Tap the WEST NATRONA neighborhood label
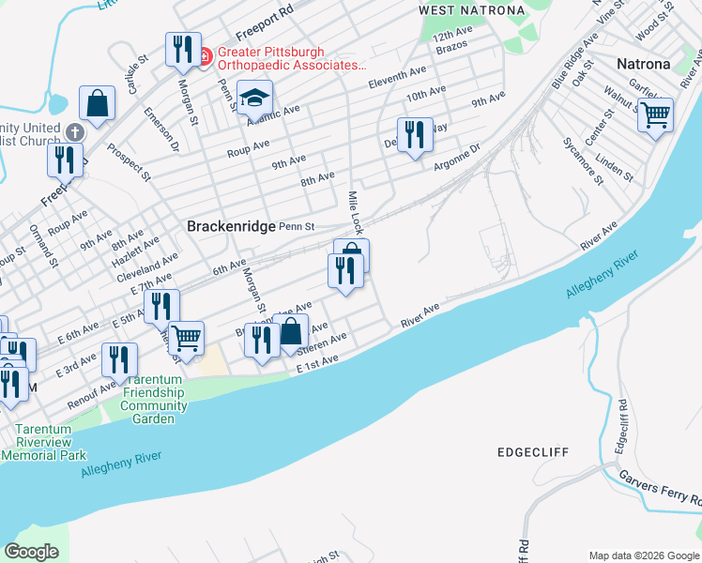(x=471, y=10)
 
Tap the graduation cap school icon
(x=253, y=97)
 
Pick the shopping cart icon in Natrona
(x=655, y=115)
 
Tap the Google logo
(x=32, y=552)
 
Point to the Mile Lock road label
(x=355, y=212)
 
